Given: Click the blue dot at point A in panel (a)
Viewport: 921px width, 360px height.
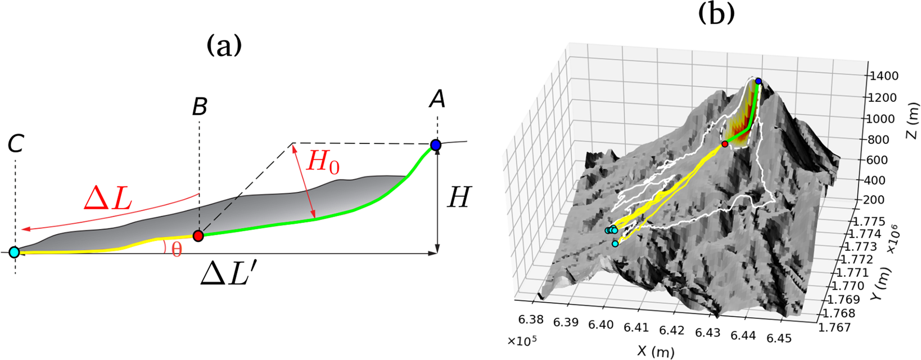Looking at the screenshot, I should coord(436,145).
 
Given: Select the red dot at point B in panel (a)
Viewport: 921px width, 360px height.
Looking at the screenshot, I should coord(198,236).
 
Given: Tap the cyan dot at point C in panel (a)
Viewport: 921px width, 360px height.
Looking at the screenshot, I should coord(15,252).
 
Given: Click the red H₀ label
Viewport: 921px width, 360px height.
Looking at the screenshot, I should coord(323,163).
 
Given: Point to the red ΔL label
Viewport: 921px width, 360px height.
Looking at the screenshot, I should coord(107,198).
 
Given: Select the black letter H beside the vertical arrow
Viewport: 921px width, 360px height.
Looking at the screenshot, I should coord(458,198).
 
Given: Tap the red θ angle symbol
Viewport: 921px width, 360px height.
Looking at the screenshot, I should coord(177,249).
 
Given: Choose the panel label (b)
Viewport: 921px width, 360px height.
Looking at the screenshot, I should coord(716,12).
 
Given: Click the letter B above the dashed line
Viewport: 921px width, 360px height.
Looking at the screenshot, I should coord(200,106).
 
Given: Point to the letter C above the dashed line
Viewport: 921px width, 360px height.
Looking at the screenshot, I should coord(15,144).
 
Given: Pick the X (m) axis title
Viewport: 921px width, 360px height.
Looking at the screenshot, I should coord(656,351).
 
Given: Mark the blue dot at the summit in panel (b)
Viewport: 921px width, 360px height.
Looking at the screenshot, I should coord(759,82).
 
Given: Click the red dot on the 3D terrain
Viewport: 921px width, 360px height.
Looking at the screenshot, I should coord(725,145).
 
